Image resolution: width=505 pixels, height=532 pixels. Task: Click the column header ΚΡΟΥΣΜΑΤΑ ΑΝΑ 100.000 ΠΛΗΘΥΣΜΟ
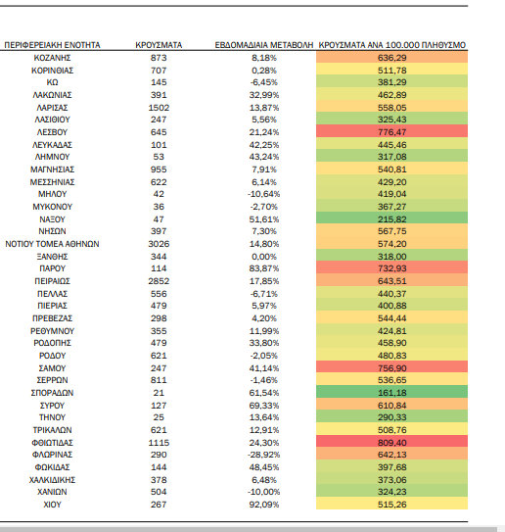click(x=392, y=45)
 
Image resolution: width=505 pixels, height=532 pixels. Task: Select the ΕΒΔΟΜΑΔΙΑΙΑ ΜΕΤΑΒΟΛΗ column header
click(x=264, y=45)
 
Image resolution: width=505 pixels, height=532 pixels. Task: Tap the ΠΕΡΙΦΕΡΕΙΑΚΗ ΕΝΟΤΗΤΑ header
click(x=52, y=45)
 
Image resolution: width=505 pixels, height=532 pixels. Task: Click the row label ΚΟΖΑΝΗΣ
click(x=52, y=58)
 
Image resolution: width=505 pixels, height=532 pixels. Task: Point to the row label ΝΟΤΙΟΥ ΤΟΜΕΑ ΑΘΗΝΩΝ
click(x=52, y=244)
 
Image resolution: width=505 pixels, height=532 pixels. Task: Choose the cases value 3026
click(x=159, y=244)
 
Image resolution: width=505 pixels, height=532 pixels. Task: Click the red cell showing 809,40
click(x=392, y=443)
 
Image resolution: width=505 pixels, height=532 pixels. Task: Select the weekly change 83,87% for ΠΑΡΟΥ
click(x=264, y=268)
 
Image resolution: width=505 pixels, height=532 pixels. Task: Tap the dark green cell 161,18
click(x=392, y=393)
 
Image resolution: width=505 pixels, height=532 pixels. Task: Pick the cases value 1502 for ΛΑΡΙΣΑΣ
click(x=159, y=108)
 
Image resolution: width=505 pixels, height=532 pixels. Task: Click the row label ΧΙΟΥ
click(x=52, y=505)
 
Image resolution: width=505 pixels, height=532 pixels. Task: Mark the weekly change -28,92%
click(x=264, y=455)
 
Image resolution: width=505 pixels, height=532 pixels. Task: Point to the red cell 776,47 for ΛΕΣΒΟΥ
click(x=392, y=132)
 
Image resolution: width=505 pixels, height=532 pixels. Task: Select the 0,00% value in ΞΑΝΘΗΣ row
click(x=264, y=257)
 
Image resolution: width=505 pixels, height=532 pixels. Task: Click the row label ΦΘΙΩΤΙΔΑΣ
click(x=52, y=443)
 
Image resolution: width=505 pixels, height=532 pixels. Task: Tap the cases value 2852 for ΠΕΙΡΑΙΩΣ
click(x=159, y=281)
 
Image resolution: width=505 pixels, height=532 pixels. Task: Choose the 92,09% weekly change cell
click(x=264, y=505)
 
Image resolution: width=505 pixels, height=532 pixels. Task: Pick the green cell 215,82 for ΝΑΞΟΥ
click(x=392, y=219)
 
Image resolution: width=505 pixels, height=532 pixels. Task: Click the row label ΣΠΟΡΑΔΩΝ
click(x=52, y=393)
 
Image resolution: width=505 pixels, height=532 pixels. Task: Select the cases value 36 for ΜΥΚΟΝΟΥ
click(x=159, y=207)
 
